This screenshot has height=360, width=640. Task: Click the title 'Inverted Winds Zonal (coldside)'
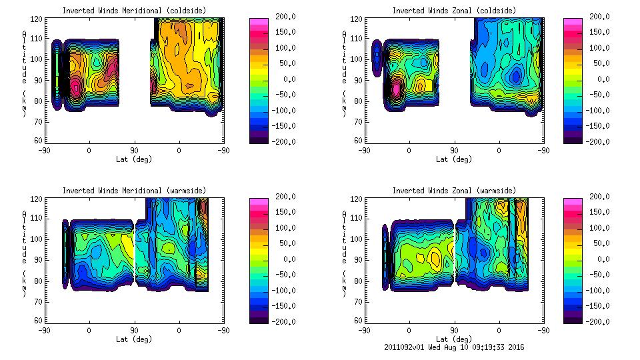454,11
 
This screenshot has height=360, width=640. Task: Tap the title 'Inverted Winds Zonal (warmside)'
454,191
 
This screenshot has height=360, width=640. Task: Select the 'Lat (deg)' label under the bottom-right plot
454,339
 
